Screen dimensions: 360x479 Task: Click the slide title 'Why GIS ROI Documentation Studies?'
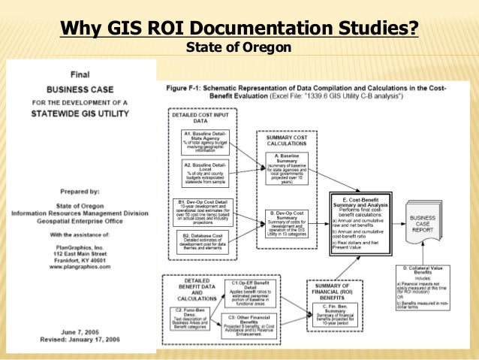pos(239,29)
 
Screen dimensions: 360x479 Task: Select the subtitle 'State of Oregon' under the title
pos(239,49)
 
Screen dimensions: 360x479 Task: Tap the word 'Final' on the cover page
pos(80,75)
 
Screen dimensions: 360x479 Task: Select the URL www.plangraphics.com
pos(80,265)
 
